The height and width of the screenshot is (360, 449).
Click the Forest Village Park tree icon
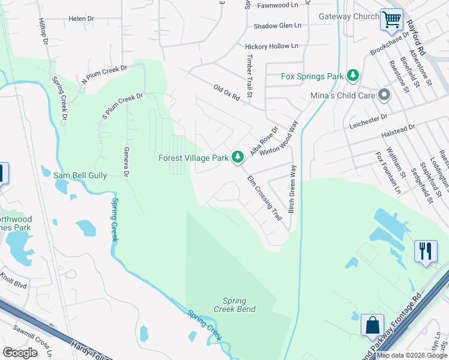(x=238, y=157)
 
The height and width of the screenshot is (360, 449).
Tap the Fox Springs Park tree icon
(x=354, y=76)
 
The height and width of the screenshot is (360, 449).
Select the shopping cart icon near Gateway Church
(x=391, y=20)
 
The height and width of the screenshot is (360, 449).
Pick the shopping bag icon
(x=372, y=326)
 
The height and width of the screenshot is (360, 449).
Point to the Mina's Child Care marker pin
(x=384, y=95)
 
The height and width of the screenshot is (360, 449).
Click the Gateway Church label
(x=349, y=17)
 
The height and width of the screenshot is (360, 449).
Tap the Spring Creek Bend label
(x=235, y=305)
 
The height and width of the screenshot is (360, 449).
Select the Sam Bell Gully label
(x=80, y=175)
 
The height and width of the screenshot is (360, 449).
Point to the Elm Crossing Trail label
(x=265, y=197)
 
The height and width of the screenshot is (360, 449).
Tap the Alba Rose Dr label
(x=265, y=141)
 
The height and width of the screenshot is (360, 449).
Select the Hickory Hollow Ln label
(x=271, y=46)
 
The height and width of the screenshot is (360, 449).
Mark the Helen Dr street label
(x=82, y=19)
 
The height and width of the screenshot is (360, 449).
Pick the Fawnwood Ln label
(x=278, y=5)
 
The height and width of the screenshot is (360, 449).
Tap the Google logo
(x=20, y=353)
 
